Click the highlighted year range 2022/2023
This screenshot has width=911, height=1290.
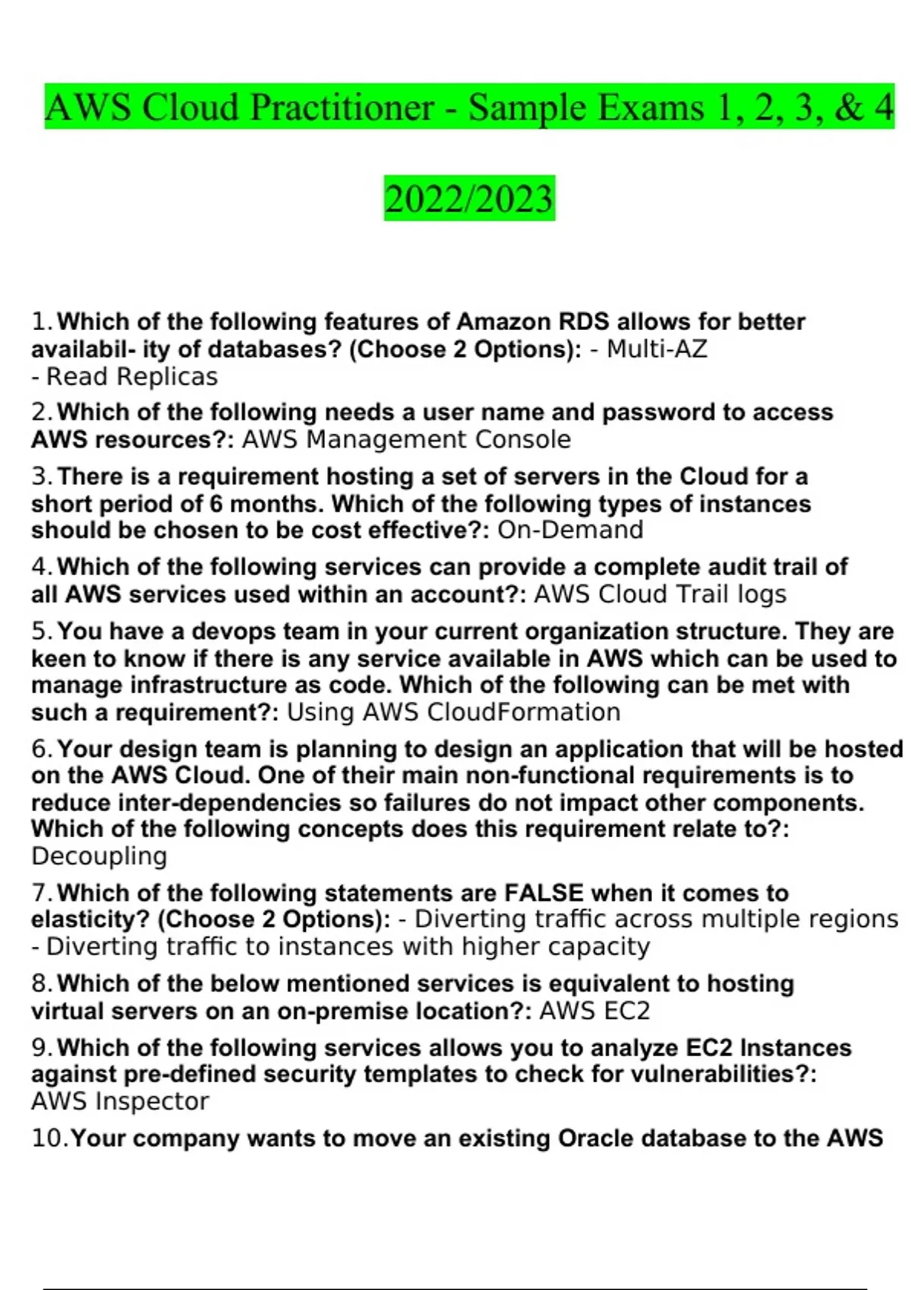tap(469, 199)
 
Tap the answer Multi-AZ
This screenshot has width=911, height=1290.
tap(657, 349)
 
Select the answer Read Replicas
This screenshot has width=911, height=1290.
tap(132, 376)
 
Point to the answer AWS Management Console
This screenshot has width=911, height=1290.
tap(406, 439)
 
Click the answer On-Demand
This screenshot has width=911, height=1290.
tap(570, 530)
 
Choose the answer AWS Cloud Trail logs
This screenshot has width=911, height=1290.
tap(660, 594)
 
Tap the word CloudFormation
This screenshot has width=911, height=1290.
tap(524, 713)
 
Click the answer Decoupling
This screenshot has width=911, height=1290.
tap(99, 856)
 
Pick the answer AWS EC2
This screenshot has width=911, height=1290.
tap(594, 1011)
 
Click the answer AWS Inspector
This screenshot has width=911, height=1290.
tap(120, 1101)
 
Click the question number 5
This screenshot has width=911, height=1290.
tap(41, 631)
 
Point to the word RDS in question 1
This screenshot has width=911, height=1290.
tap(584, 322)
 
